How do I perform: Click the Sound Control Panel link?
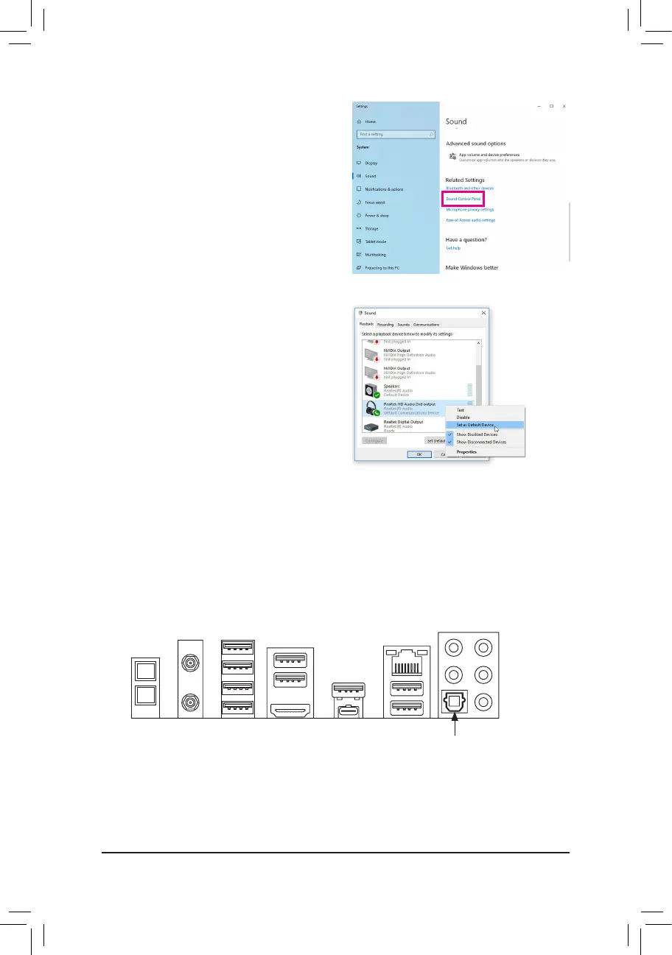[464, 199]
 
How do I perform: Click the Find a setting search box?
[393, 134]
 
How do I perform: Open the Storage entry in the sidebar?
[371, 228]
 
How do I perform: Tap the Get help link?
[453, 248]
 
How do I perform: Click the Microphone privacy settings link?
[470, 210]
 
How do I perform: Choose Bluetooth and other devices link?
[470, 188]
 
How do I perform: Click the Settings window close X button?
[564, 107]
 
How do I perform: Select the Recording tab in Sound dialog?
[385, 324]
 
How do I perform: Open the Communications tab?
[427, 324]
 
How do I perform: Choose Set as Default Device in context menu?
[475, 425]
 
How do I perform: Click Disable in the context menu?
[463, 417]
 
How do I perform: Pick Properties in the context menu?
[466, 451]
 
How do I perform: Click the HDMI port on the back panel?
[290, 711]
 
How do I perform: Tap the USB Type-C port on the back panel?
[346, 712]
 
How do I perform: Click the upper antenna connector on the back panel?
[190, 663]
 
